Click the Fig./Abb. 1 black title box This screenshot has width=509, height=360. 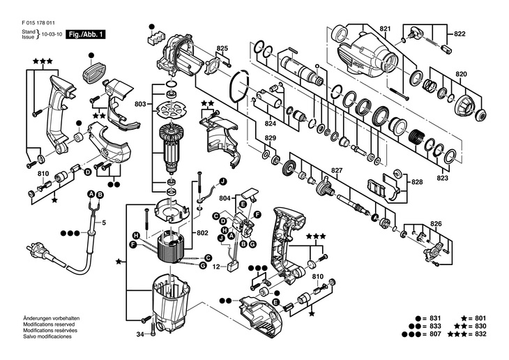point(86,34)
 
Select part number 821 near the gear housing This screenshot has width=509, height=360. point(385,29)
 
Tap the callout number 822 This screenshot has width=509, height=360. point(459,33)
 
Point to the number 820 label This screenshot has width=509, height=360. point(461,74)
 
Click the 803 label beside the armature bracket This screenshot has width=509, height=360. point(140,104)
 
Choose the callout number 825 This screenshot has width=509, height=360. point(222,48)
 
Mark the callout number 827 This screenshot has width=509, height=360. point(337,170)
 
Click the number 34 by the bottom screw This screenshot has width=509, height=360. point(140,333)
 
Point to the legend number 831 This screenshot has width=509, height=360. point(435,318)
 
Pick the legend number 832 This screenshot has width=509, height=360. point(480,333)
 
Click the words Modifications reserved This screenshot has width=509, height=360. point(49,324)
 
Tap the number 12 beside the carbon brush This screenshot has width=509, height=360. point(216,267)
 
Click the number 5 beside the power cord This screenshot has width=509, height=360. point(104,223)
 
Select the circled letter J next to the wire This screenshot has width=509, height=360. point(222,181)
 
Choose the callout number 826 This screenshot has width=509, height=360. point(436,224)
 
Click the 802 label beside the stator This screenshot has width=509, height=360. point(202,233)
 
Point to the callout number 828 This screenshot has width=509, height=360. point(417,182)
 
